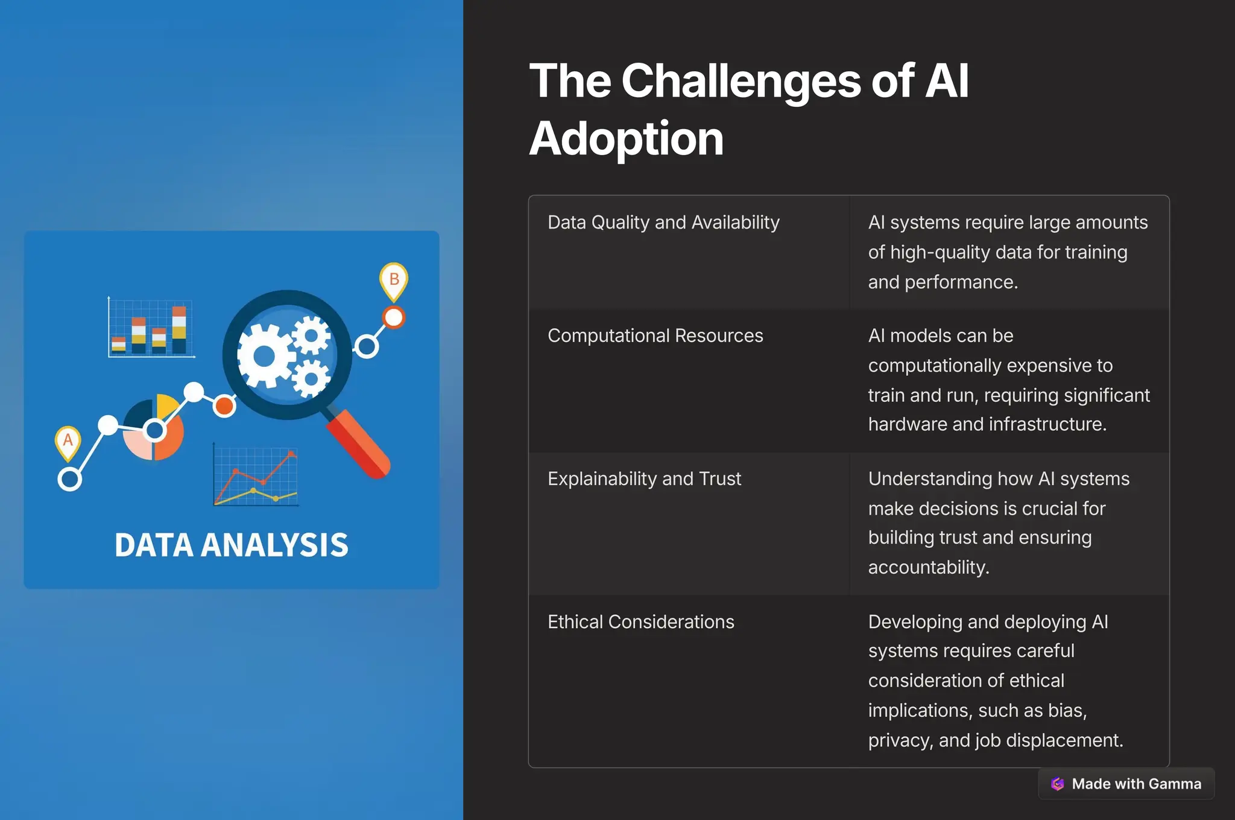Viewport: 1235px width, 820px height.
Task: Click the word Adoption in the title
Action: pyautogui.click(x=626, y=139)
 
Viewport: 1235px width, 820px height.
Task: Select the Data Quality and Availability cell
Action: pyautogui.click(x=663, y=223)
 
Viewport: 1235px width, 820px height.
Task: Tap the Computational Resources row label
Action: pyautogui.click(x=655, y=335)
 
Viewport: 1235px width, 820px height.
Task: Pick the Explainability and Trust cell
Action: pyautogui.click(x=644, y=478)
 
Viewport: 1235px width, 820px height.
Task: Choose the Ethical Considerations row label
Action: pyautogui.click(x=640, y=621)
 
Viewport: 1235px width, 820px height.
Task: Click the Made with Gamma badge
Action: pyautogui.click(x=1126, y=783)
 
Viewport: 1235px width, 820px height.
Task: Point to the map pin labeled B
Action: pyautogui.click(x=394, y=280)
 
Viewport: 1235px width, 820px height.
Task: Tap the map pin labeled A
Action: pyautogui.click(x=68, y=440)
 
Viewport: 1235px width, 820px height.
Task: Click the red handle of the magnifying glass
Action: pyautogui.click(x=358, y=444)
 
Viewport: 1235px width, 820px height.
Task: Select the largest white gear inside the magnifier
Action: pyautogui.click(x=264, y=356)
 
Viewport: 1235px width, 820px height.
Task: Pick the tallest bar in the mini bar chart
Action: pyautogui.click(x=179, y=329)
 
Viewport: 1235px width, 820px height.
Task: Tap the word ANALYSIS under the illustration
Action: pyautogui.click(x=274, y=545)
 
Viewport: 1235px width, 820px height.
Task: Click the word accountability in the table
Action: pyautogui.click(x=928, y=567)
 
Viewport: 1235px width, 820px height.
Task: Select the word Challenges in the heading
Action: pyautogui.click(x=741, y=81)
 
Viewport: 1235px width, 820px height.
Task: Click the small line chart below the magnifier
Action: pyautogui.click(x=256, y=476)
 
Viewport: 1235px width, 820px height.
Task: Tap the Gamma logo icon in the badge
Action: pyautogui.click(x=1057, y=784)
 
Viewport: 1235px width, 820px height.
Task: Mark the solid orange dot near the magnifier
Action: pyautogui.click(x=224, y=406)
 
